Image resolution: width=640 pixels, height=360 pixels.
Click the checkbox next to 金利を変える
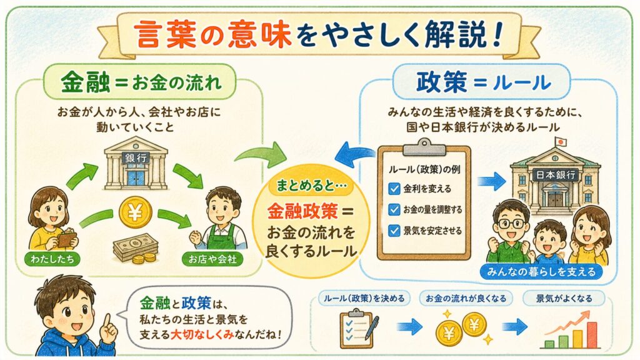click(394, 189)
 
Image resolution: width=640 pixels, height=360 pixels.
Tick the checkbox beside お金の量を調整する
click(394, 209)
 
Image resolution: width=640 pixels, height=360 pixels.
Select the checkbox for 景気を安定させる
click(394, 231)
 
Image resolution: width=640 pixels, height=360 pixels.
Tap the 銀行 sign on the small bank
click(136, 157)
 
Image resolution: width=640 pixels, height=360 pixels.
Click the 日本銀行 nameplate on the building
click(555, 175)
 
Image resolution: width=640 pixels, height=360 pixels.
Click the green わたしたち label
click(52, 259)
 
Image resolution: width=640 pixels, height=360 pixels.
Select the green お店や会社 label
click(212, 259)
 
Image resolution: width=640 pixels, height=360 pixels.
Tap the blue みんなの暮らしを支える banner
click(542, 271)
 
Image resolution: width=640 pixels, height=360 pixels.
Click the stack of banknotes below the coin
click(135, 249)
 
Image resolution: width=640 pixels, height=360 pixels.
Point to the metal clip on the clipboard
click(424, 147)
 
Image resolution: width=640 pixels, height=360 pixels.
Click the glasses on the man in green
click(511, 223)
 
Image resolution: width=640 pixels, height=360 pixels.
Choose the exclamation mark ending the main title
click(497, 34)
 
